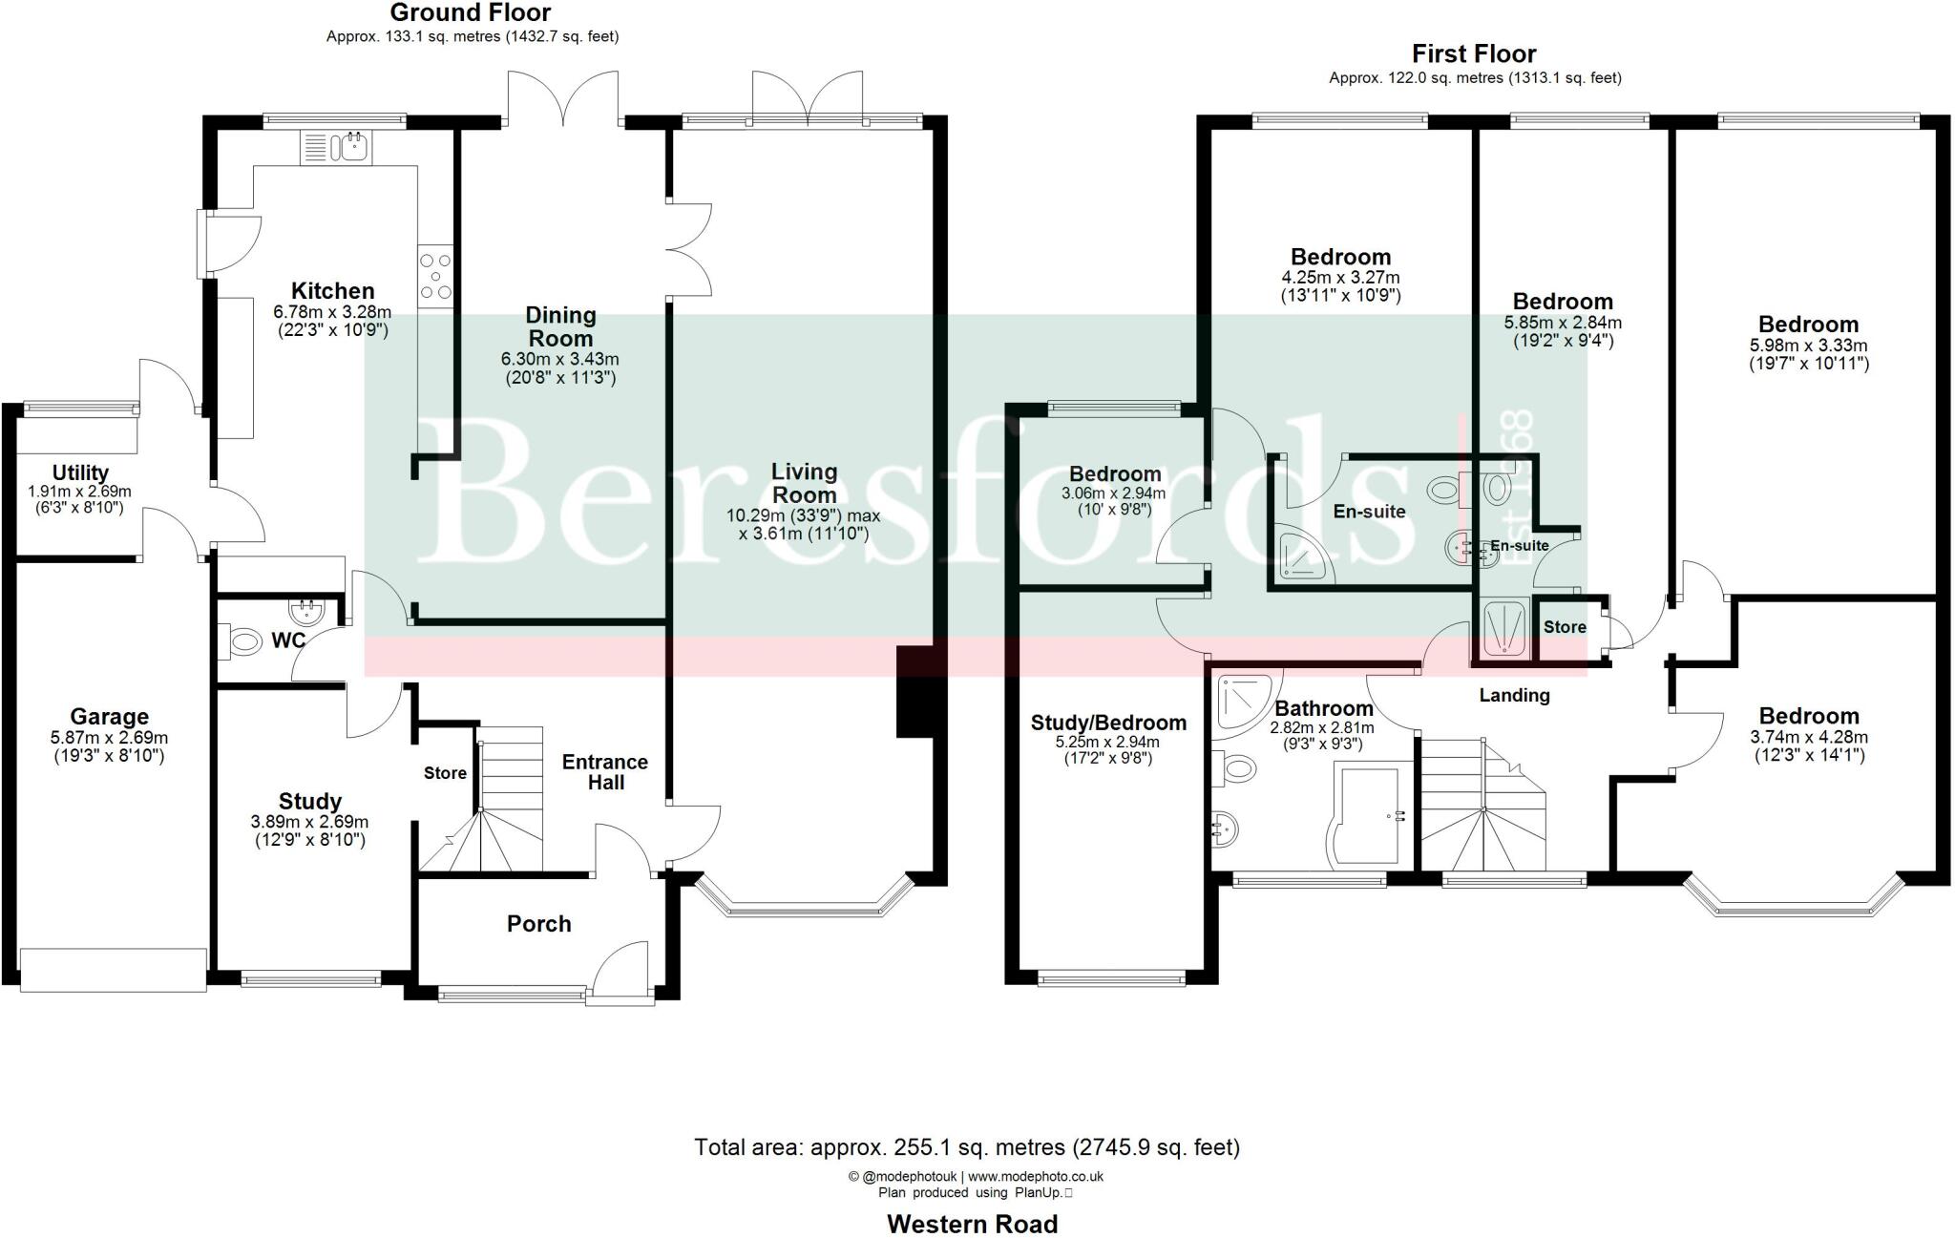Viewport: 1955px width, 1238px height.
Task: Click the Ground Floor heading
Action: [471, 13]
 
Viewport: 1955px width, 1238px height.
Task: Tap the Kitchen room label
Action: [332, 291]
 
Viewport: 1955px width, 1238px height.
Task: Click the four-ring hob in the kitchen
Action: [434, 277]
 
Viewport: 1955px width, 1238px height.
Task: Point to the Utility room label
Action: [80, 472]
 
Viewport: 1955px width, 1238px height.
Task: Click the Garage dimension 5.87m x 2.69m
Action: [109, 738]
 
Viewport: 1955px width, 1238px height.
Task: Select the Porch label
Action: [538, 924]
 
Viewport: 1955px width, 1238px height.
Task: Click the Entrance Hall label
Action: [604, 772]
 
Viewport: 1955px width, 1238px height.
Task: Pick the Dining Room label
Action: [560, 326]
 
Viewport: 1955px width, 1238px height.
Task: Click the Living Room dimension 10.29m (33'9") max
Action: [803, 515]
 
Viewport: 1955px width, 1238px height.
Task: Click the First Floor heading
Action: [1474, 53]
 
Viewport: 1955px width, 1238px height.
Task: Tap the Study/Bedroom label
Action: [1108, 723]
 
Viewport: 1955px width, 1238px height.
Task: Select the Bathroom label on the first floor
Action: [1323, 708]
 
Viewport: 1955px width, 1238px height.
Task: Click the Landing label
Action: [1514, 695]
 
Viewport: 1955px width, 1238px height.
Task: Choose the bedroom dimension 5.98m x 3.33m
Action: [1808, 346]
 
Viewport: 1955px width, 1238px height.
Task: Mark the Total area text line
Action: [966, 1147]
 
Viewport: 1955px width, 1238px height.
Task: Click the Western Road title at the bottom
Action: [972, 1224]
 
